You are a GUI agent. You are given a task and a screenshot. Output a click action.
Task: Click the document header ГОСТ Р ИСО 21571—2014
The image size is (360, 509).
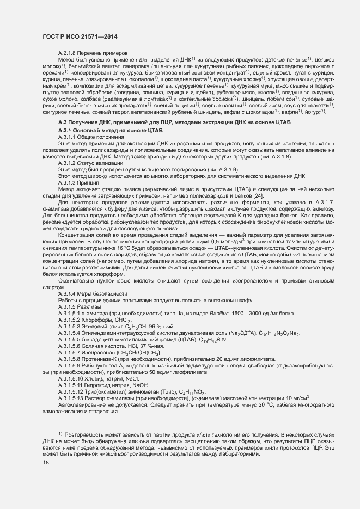[80, 36]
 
